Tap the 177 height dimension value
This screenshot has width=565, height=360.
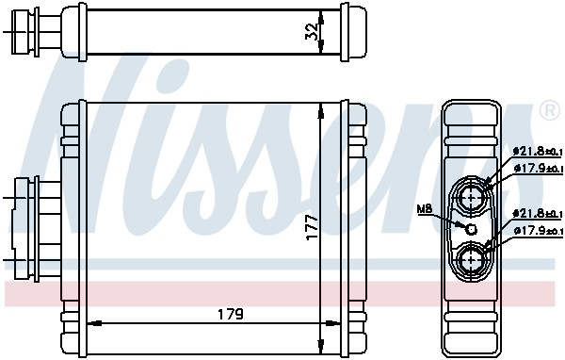[312, 224]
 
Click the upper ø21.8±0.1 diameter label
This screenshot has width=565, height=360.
[537, 150]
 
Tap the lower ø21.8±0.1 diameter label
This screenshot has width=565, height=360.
[537, 213]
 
